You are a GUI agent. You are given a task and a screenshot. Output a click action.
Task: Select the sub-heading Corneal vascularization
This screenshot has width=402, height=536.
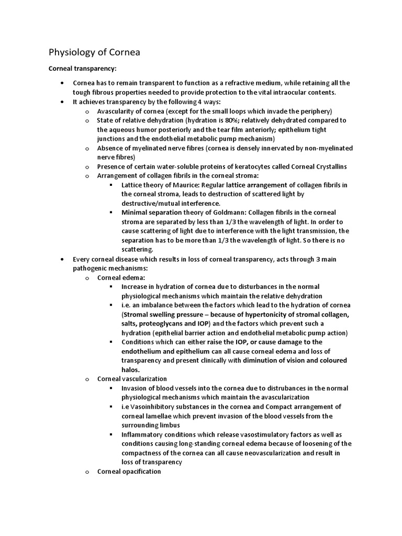[132, 378]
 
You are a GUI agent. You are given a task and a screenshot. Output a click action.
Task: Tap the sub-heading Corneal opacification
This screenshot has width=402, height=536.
[129, 471]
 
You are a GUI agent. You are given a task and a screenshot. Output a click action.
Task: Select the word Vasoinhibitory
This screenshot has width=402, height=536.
[159, 407]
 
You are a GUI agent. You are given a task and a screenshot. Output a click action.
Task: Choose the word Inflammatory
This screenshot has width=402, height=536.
[145, 434]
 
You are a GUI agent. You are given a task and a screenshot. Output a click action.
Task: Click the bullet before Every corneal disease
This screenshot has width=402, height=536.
[62, 259]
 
